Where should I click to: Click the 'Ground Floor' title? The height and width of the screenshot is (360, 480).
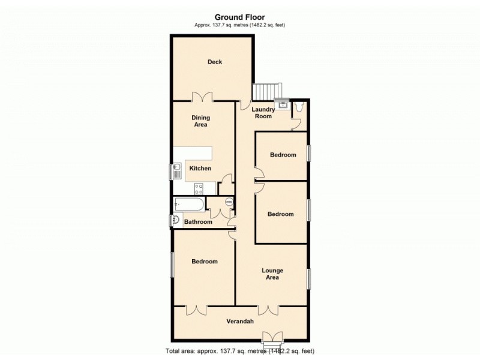[239, 17]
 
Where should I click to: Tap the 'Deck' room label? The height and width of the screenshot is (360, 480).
[215, 62]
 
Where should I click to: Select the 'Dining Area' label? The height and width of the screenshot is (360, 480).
[200, 121]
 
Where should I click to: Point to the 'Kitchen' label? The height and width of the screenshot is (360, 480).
[200, 169]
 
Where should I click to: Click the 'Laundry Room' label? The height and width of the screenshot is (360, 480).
[263, 113]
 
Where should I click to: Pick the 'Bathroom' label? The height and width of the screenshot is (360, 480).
[198, 222]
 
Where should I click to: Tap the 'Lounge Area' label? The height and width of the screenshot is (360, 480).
[272, 274]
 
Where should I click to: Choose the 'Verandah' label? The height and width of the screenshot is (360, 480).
[240, 322]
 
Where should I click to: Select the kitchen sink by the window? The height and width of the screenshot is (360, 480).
[178, 171]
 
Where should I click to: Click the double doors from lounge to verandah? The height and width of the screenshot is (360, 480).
[268, 310]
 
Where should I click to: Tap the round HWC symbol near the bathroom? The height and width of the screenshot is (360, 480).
[228, 202]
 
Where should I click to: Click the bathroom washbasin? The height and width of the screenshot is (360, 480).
[176, 220]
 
